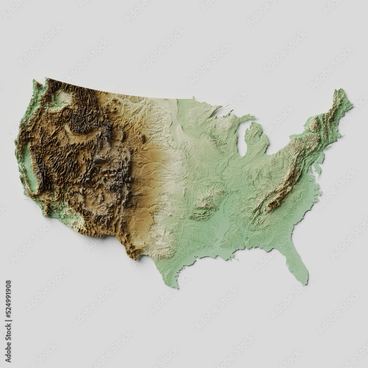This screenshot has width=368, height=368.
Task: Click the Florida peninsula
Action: (x=300, y=262)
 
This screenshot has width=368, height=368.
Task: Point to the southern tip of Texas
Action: (x=176, y=286)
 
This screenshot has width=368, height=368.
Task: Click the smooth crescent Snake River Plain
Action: (x=81, y=133)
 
